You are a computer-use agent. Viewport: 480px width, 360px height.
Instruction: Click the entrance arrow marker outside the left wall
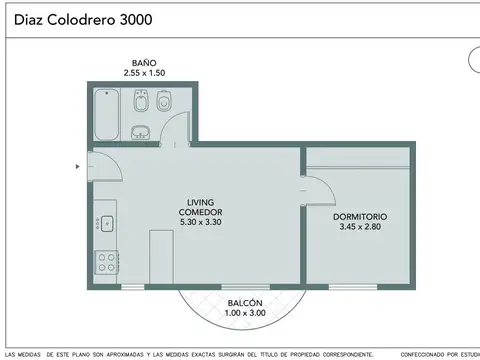[78, 167]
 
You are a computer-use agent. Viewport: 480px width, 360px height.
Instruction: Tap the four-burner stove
[105, 262]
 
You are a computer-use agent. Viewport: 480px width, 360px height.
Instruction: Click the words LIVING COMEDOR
[200, 207]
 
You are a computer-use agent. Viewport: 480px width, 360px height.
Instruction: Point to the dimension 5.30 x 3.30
[200, 222]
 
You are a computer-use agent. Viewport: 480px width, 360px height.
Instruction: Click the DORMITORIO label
[360, 216]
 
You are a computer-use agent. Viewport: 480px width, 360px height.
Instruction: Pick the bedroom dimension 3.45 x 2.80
[360, 227]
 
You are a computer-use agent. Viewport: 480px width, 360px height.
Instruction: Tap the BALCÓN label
[245, 302]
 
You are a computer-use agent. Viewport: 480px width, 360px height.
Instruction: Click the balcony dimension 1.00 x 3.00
[245, 313]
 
